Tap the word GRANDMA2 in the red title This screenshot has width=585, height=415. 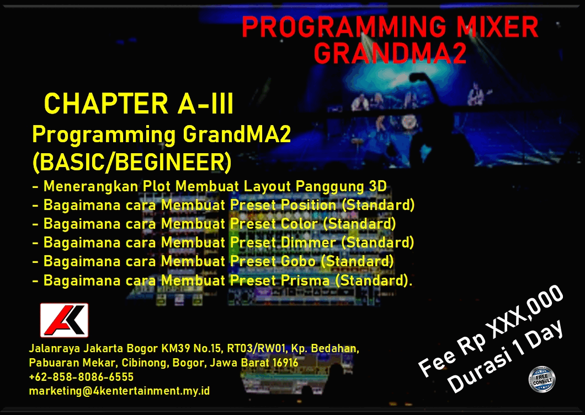click(390, 53)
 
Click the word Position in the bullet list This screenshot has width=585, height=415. click(308, 205)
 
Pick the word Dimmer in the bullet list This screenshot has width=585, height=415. click(308, 242)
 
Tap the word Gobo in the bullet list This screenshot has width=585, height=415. click(298, 261)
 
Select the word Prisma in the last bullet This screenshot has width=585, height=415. click(305, 280)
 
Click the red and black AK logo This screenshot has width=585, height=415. click(64, 320)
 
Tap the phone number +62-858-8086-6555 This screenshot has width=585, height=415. click(81, 377)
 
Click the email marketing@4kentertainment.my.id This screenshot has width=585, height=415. click(119, 391)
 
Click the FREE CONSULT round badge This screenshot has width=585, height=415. click(542, 380)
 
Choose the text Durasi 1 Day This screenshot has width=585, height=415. click(505, 357)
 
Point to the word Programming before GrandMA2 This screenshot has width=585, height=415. click(104, 134)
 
